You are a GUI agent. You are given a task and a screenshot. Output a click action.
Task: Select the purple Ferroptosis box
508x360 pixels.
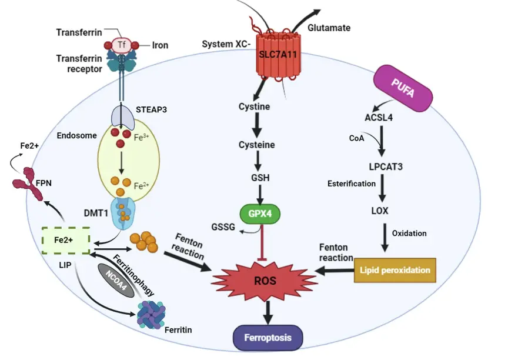point(268,338)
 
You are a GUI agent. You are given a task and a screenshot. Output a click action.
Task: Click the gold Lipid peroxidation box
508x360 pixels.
point(395,270)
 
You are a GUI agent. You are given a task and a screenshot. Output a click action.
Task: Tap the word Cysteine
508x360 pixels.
point(256,145)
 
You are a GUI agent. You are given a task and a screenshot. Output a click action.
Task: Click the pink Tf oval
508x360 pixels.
point(122,45)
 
